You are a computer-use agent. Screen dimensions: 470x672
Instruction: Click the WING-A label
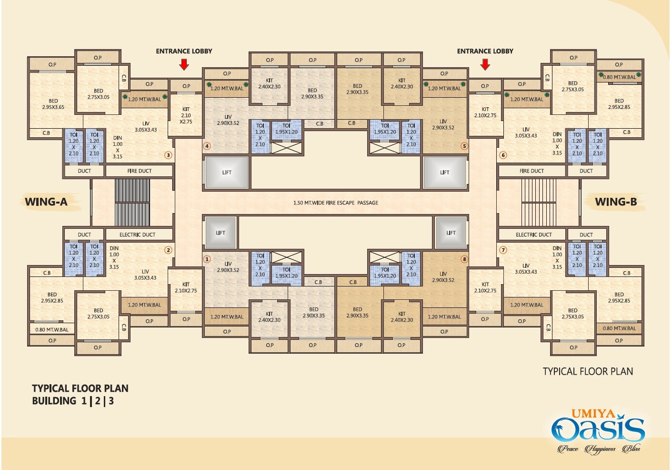click(46, 202)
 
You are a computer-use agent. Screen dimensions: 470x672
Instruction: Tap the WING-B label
click(615, 202)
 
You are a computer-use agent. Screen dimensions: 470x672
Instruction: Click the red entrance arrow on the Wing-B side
click(485, 64)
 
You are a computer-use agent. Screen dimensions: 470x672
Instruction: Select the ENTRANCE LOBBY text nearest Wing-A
click(184, 51)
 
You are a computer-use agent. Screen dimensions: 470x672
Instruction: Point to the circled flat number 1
click(207, 259)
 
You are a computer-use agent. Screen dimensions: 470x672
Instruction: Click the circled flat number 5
click(464, 146)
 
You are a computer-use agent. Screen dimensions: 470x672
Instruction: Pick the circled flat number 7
click(503, 250)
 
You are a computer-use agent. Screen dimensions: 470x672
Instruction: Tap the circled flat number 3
click(168, 155)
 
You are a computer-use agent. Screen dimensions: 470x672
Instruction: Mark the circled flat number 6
click(503, 155)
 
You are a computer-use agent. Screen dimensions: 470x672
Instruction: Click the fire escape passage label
click(335, 203)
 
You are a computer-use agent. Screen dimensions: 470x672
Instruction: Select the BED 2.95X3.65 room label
click(53, 104)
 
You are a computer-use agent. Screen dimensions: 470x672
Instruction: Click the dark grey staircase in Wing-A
click(132, 202)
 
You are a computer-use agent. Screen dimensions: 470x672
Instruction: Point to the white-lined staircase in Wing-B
click(539, 202)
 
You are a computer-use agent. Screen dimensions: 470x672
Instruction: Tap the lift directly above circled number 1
click(221, 233)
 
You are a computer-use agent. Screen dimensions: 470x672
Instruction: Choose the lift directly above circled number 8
click(451, 233)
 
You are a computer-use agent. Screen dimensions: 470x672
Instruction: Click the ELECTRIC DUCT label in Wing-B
click(533, 235)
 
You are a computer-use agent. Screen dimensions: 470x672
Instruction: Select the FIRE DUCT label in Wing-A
click(139, 171)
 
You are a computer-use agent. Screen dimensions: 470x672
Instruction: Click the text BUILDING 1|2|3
click(73, 401)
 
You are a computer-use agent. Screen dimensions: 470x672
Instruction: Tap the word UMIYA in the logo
click(593, 414)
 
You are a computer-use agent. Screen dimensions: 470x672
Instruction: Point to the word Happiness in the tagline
click(600, 449)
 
